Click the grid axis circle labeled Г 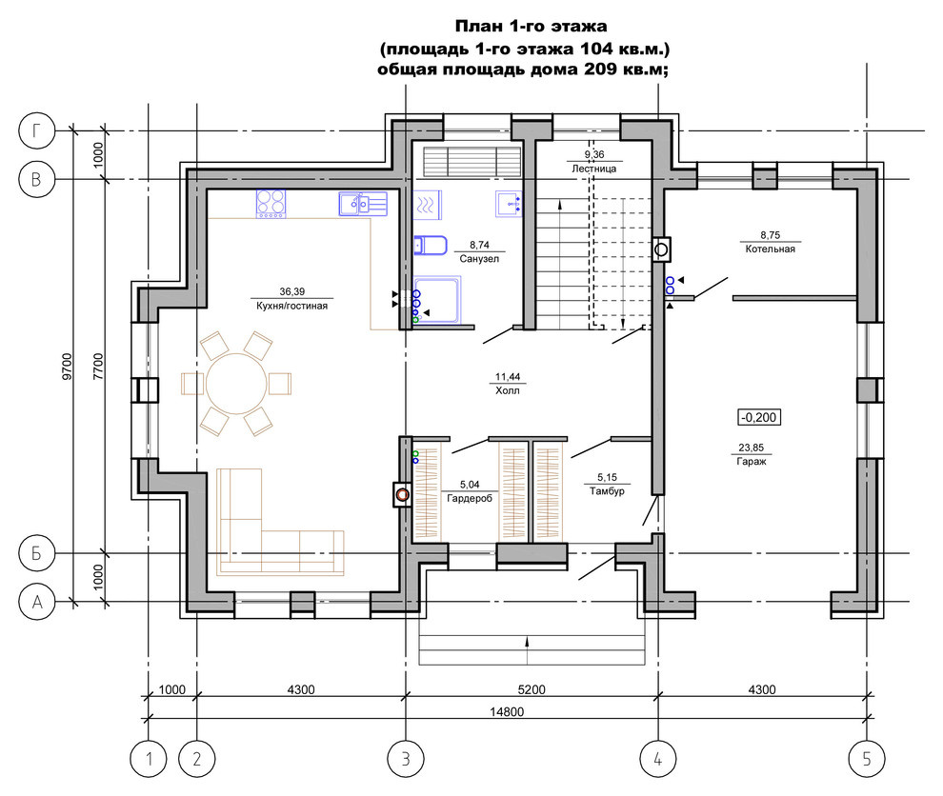(37, 130)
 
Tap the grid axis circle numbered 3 (406, 759)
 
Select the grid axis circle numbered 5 (867, 759)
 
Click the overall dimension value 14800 (507, 712)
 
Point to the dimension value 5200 (532, 689)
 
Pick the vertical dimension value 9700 (67, 366)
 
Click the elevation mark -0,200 (759, 417)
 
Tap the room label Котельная (770, 249)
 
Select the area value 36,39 (292, 291)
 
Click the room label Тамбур (607, 491)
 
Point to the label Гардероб (469, 498)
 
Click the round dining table (236, 384)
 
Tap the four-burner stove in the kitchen (271, 204)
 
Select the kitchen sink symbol (363, 204)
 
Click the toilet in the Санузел (430, 246)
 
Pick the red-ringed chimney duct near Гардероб (402, 495)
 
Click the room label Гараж (752, 462)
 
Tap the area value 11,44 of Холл (508, 377)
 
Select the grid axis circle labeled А (37, 602)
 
